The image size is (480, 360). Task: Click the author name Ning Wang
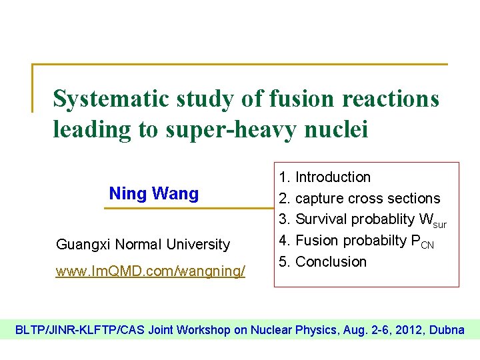coord(154,194)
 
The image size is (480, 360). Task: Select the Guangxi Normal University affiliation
coord(143,245)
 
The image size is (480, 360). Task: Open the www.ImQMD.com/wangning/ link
coord(151,271)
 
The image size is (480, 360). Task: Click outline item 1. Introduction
coord(325,177)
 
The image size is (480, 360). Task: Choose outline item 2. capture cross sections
coord(359,199)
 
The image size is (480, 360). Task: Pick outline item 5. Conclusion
coord(323,262)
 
